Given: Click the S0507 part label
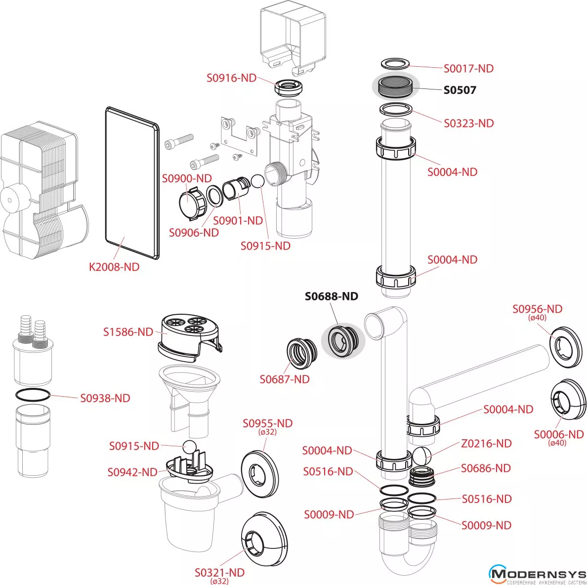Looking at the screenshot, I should click(460, 90).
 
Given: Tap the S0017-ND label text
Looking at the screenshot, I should click(468, 69).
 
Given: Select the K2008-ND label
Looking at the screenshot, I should click(114, 267).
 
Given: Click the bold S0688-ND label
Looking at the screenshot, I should click(331, 296).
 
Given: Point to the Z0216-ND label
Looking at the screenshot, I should click(486, 444).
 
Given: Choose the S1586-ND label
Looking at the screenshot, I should click(128, 332).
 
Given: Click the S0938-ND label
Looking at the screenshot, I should click(105, 398).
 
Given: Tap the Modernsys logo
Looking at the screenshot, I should click(537, 575).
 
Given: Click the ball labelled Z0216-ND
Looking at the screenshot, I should click(421, 456).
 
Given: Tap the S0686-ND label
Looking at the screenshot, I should click(486, 468).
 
